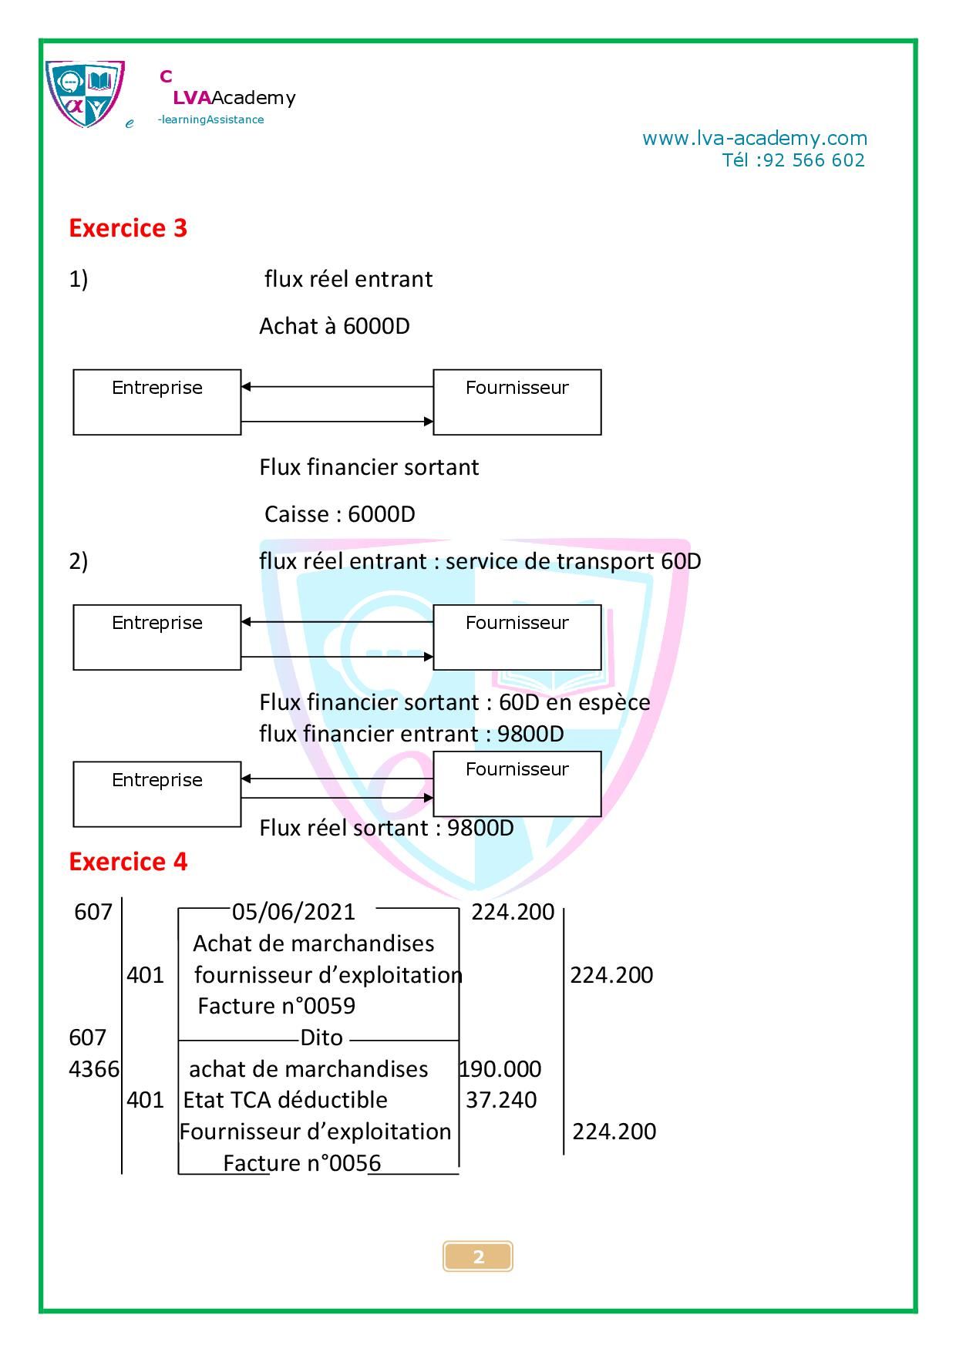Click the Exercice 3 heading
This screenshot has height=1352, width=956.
[128, 228]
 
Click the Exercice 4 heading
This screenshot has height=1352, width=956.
[128, 861]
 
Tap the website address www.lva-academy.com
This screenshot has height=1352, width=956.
[754, 139]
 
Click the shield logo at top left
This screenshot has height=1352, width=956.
[85, 94]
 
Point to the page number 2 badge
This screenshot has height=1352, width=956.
[478, 1256]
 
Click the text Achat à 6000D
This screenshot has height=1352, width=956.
[334, 326]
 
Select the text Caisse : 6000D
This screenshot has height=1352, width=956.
[339, 514]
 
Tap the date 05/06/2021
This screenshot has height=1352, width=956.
[293, 912]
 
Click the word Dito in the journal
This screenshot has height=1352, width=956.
[321, 1038]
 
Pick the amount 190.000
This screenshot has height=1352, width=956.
[501, 1069]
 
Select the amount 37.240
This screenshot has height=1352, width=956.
[501, 1100]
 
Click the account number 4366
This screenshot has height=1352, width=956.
[94, 1069]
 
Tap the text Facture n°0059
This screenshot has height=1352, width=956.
[276, 1006]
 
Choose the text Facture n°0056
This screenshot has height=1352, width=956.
[301, 1163]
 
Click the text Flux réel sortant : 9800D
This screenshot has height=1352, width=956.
[386, 828]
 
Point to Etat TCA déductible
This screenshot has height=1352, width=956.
[285, 1100]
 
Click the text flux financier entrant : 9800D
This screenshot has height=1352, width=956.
[411, 734]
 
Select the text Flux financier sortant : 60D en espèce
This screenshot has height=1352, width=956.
[454, 702]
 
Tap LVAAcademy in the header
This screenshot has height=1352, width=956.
[234, 98]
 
